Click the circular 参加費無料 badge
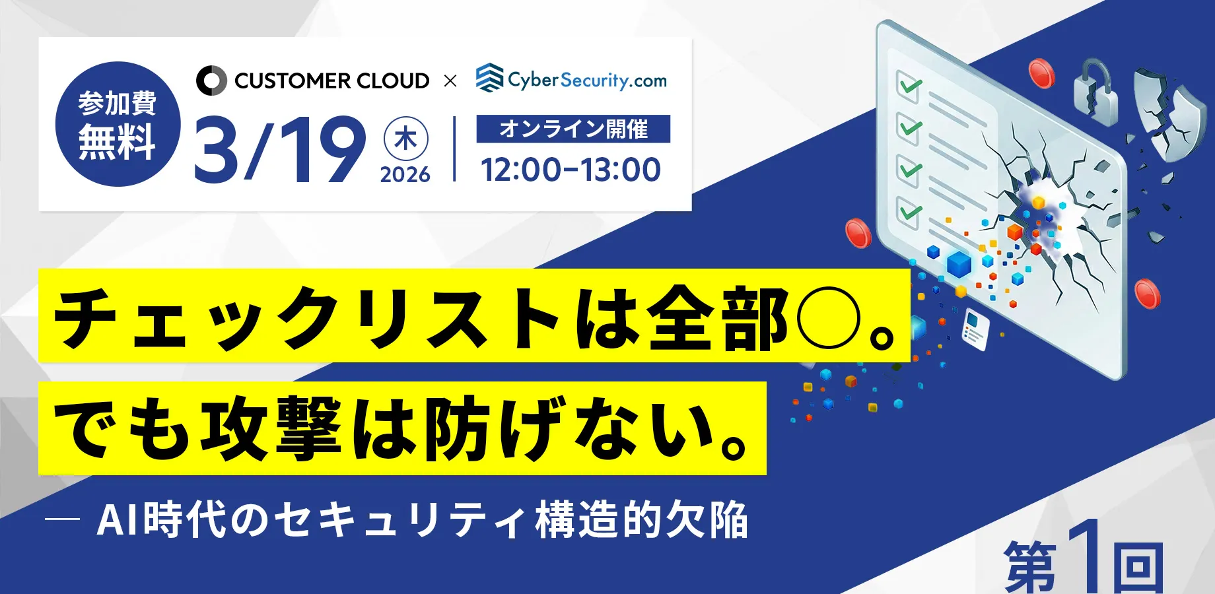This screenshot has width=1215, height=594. coord(118,124)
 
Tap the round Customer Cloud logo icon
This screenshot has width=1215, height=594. coord(211,81)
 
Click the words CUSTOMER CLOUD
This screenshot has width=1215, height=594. coord(331,81)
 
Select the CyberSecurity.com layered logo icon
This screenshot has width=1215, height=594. coord(489,78)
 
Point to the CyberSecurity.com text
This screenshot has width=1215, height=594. coord(587,80)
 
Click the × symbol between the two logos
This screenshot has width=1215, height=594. coord(450,81)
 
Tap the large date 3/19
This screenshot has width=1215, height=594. coord(280,150)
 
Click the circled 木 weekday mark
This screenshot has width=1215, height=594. coord(405,139)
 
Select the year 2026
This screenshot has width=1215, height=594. coord(405,175)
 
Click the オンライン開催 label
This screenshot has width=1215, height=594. coord(573,129)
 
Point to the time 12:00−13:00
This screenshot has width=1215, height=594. coord(571,170)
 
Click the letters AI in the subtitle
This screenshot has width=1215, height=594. coord(119,520)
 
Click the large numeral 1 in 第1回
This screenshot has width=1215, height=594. coord(1083,556)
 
